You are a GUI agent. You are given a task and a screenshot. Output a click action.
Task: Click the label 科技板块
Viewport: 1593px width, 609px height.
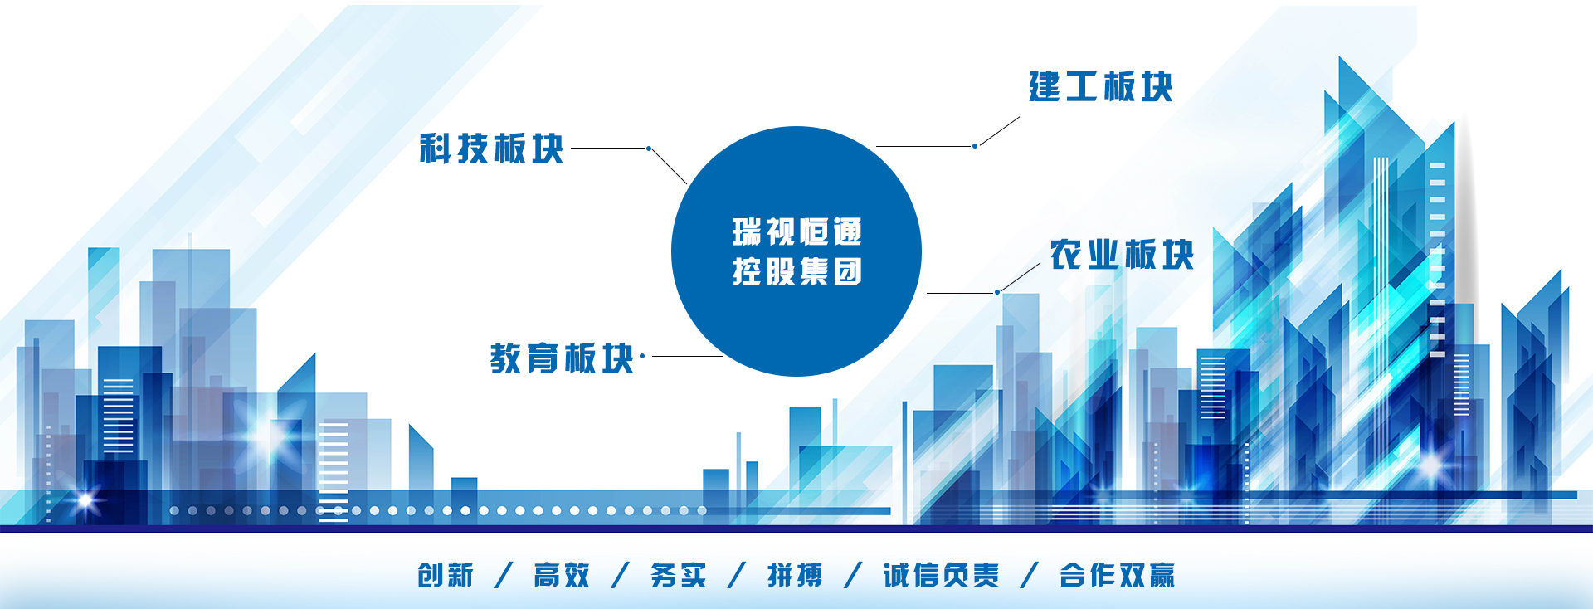pyautogui.click(x=491, y=149)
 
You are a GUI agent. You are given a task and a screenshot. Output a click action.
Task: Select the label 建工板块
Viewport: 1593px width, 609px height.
pyautogui.click(x=1101, y=86)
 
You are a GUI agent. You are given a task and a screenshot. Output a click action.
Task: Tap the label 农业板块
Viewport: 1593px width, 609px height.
pyautogui.click(x=1122, y=254)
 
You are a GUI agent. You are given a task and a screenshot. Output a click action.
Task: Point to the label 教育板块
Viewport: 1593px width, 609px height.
pyautogui.click(x=562, y=358)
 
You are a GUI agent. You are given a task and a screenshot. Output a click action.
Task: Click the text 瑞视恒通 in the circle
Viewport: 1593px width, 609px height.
pyautogui.click(x=797, y=231)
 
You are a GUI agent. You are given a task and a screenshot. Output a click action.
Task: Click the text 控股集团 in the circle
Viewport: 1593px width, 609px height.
pyautogui.click(x=797, y=271)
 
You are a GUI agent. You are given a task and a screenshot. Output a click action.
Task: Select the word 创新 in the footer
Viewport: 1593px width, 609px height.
pyautogui.click(x=446, y=575)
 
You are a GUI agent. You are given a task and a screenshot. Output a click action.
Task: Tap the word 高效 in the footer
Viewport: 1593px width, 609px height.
pyautogui.click(x=562, y=575)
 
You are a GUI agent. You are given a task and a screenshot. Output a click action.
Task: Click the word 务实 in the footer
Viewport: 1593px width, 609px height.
pyautogui.click(x=679, y=575)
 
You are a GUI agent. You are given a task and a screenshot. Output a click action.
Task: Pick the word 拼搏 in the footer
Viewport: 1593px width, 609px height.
pyautogui.click(x=795, y=575)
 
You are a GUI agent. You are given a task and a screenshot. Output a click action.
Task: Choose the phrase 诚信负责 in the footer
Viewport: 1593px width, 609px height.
pyautogui.click(x=941, y=575)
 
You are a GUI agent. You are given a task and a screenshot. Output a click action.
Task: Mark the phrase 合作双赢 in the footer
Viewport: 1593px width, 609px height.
pyautogui.click(x=1117, y=575)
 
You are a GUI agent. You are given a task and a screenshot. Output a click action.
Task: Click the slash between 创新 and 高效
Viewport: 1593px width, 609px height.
pyautogui.click(x=504, y=575)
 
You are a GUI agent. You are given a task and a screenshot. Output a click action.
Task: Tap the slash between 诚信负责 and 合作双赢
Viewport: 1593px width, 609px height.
pyautogui.click(x=1030, y=575)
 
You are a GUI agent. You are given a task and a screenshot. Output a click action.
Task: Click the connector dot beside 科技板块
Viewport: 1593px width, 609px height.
pyautogui.click(x=649, y=149)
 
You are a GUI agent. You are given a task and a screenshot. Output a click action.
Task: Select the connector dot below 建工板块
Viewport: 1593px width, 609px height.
pyautogui.click(x=975, y=146)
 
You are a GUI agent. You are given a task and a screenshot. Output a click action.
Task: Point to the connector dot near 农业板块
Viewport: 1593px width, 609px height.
pyautogui.click(x=997, y=292)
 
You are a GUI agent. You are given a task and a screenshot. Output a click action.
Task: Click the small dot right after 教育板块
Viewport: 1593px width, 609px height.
pyautogui.click(x=642, y=356)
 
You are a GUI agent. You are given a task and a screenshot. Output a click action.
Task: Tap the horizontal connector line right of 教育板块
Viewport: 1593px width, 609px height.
pyautogui.click(x=688, y=356)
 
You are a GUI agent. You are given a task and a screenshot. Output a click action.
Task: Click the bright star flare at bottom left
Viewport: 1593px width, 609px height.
pyautogui.click(x=85, y=500)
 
